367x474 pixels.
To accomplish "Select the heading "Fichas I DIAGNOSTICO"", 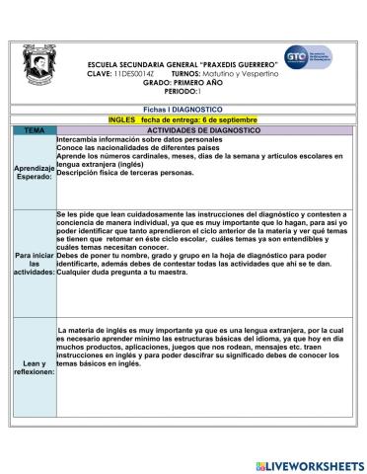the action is pyautogui.click(x=183, y=110).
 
